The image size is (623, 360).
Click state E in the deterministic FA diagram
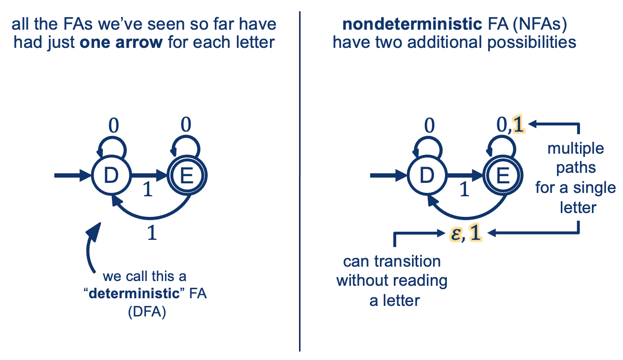186,176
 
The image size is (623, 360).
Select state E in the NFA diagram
501,176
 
